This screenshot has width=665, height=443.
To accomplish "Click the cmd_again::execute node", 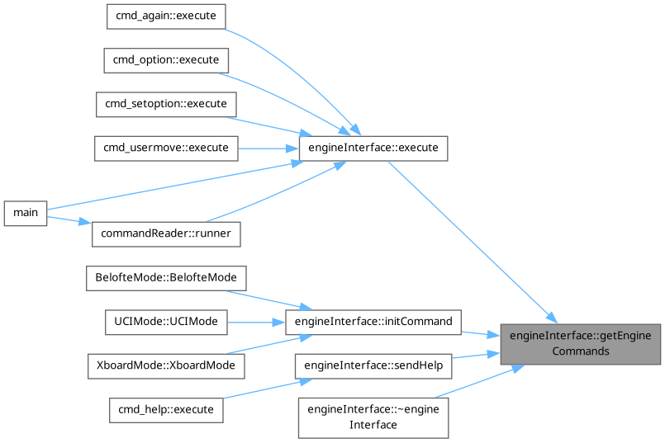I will [166, 16].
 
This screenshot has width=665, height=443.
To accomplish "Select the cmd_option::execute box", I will [165, 60].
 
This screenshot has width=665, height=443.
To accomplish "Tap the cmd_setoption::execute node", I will [166, 104].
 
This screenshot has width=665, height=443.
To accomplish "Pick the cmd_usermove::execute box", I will [166, 148].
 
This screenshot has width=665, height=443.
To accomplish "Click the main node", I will [26, 213].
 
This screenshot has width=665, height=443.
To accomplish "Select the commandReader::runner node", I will [166, 234].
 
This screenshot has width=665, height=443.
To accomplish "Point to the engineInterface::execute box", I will [373, 148].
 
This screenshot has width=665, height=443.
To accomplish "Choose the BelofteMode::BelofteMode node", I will [166, 277].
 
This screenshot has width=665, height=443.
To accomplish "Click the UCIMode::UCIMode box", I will [166, 322].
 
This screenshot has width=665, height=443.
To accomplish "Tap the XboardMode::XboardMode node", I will [165, 365].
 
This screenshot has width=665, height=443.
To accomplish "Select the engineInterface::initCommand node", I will [373, 322].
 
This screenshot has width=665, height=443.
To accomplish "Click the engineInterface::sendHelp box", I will [373, 365].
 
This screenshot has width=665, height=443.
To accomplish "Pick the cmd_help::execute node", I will [166, 409].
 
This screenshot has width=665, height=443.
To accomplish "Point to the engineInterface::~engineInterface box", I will [373, 417].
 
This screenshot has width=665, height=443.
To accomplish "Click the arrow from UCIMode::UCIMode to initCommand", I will [255, 322].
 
